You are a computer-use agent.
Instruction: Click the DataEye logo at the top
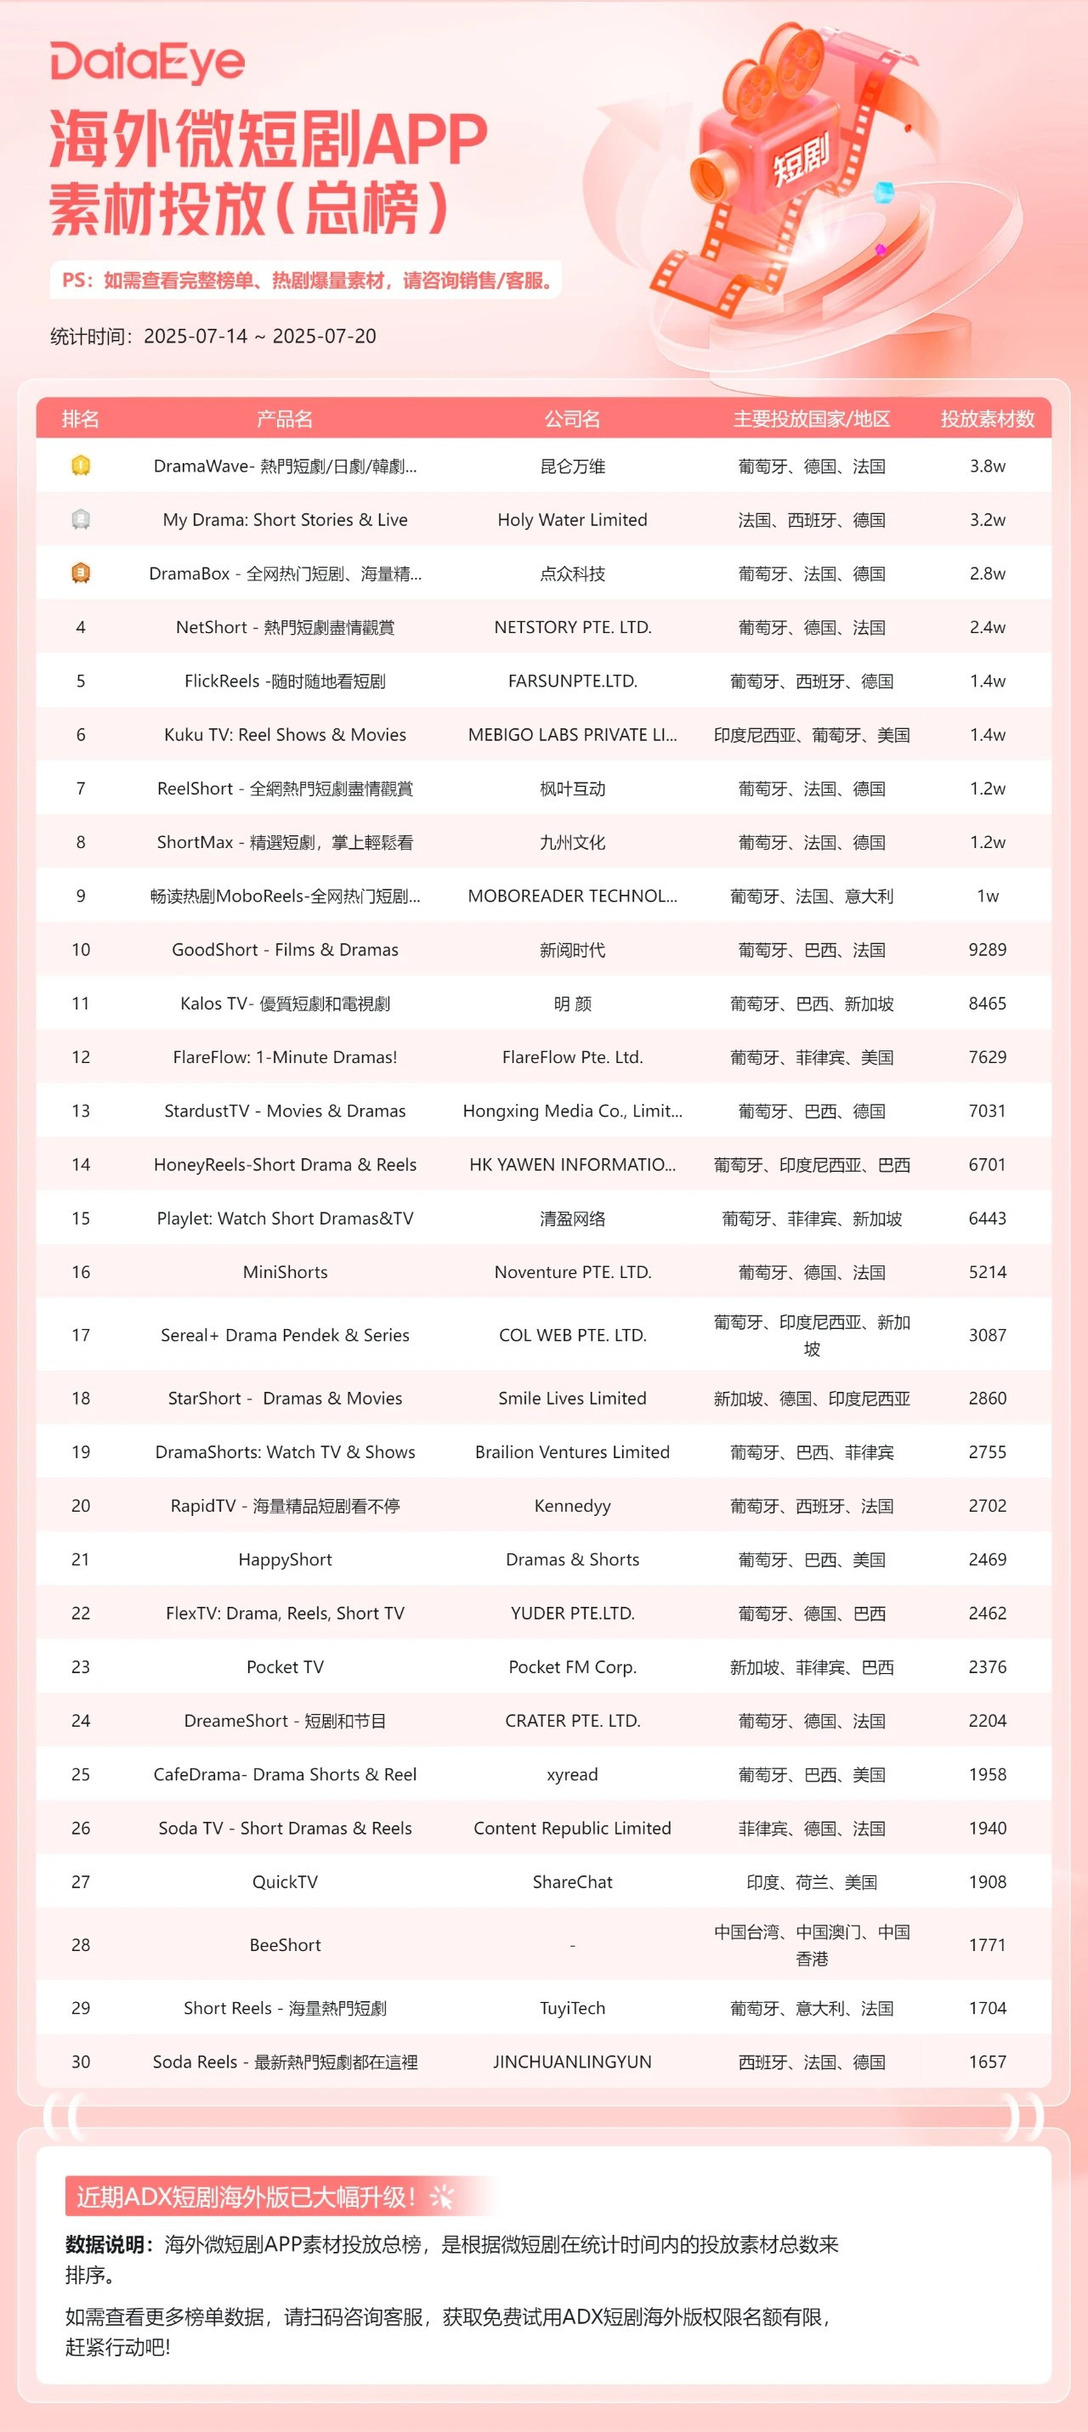(x=147, y=62)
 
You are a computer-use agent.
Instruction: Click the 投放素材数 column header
(x=987, y=419)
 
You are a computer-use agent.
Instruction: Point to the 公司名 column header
(x=572, y=419)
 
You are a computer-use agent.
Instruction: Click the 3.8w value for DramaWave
(x=987, y=467)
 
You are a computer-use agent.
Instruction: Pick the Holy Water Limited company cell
(x=572, y=520)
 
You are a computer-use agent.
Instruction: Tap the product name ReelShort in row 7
(x=284, y=789)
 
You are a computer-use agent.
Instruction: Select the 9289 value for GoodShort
(x=987, y=950)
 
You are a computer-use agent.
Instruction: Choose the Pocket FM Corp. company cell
(x=572, y=1667)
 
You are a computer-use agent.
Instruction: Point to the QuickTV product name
(x=284, y=1881)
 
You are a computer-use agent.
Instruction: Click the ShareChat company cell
(x=572, y=1881)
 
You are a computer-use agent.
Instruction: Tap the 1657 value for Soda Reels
(x=987, y=2062)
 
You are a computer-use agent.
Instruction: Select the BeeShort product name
(x=284, y=1945)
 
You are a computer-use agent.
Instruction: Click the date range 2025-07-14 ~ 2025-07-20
(x=260, y=337)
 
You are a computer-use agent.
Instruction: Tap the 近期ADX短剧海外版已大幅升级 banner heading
(x=246, y=2197)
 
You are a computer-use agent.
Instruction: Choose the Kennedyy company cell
(x=572, y=1506)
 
